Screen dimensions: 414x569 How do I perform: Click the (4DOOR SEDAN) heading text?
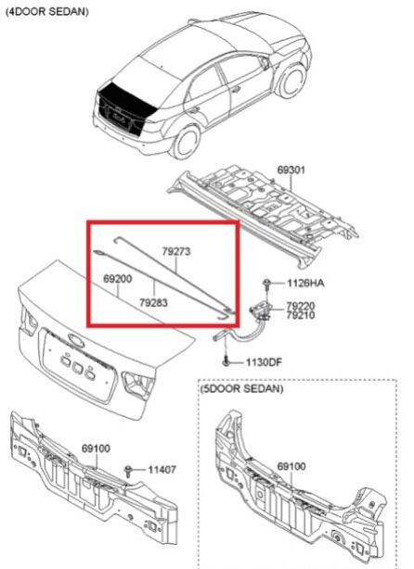pos(47,11)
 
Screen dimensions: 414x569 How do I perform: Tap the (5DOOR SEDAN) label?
pos(241,388)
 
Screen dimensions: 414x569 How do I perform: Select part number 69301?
pos(291,170)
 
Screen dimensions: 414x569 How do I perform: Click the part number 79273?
pos(176,251)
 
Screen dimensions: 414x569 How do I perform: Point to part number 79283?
pos(153,302)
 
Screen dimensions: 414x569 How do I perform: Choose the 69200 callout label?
pos(117,279)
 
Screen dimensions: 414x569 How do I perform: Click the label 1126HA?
pos(305,283)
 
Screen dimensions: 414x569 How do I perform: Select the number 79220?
pos(301,306)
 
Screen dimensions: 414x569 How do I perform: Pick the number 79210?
pos(301,315)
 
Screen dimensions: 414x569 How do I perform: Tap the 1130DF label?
pos(264,362)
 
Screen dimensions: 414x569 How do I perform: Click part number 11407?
pos(162,470)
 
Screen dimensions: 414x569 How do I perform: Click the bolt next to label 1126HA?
pos(267,284)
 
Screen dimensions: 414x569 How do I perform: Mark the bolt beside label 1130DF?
pos(226,361)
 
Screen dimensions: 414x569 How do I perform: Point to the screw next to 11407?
pos(128,471)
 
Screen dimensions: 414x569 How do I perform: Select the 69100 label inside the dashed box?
pos(291,466)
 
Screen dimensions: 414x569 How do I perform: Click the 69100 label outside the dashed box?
pos(96,449)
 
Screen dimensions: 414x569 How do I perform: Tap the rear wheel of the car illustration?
pos(186,142)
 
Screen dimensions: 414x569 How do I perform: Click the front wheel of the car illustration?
pos(292,82)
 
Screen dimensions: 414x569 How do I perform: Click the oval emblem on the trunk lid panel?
pos(75,340)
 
